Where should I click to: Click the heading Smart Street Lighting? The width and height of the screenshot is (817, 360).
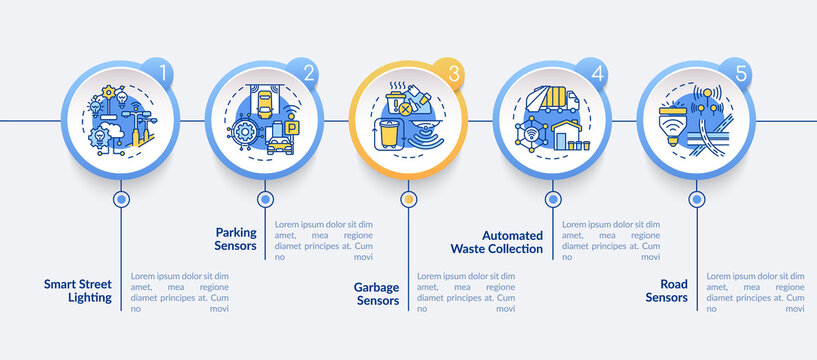click(78, 290)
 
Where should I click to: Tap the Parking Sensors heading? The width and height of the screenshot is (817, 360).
click(236, 238)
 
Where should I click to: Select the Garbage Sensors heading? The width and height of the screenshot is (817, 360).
click(376, 293)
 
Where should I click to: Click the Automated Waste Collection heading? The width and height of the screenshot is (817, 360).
click(497, 241)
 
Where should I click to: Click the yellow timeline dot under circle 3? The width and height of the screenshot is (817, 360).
click(408, 199)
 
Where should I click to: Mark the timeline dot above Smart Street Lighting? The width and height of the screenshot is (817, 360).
click(121, 199)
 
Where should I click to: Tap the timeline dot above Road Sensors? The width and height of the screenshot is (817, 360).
click(695, 199)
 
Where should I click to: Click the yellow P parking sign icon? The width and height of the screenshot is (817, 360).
click(291, 128)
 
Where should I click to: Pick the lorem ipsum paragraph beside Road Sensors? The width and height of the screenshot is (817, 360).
click(754, 291)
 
